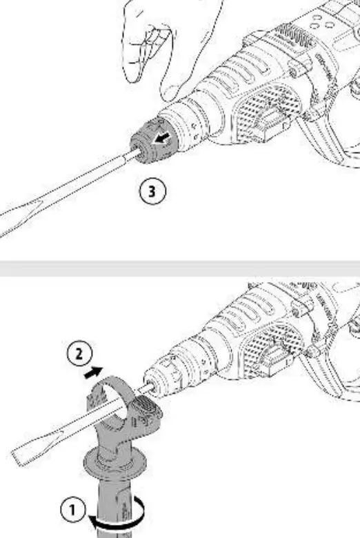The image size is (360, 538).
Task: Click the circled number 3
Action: point(152,192)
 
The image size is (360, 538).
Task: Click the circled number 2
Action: point(79,354)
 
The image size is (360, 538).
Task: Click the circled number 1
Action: point(72,510)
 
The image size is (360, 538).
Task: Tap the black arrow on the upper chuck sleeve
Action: point(162,139)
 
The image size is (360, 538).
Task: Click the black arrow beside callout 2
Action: point(93,372)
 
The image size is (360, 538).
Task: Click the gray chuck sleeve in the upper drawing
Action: point(154,141)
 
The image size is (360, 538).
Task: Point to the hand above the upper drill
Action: point(172,45)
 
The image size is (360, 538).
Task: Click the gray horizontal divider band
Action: point(180,268)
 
